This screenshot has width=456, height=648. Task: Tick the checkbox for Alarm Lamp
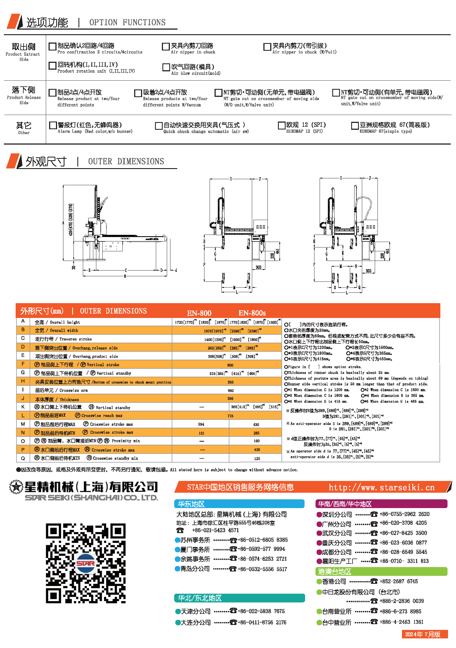pos(53,125)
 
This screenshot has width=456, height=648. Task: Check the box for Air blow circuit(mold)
pos(166,67)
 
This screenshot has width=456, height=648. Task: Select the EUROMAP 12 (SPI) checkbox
pos(281,125)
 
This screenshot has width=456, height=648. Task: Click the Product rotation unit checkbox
pos(52,66)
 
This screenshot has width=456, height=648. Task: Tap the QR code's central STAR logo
pos(86,563)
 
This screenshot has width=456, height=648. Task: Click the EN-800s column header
pos(252,313)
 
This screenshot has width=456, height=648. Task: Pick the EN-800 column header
pos(199,313)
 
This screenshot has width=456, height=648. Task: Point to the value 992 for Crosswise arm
pos(230,391)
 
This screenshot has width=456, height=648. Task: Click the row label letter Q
pos(23,458)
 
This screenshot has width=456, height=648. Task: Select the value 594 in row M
pos(201,424)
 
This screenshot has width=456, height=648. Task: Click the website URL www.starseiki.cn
pos(381,488)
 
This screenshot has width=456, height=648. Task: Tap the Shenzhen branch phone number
pos(404,514)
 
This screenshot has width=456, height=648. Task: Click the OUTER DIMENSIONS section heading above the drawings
pos(126,161)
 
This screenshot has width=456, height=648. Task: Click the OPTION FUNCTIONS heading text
pos(127,22)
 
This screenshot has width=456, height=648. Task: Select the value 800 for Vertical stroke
pos(230,365)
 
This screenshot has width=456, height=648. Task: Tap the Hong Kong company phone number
pos(398,581)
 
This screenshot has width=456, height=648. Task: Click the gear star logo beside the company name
pos(16,487)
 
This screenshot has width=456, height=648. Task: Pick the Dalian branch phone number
pos(261,622)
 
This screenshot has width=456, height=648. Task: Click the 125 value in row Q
pos(257,458)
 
